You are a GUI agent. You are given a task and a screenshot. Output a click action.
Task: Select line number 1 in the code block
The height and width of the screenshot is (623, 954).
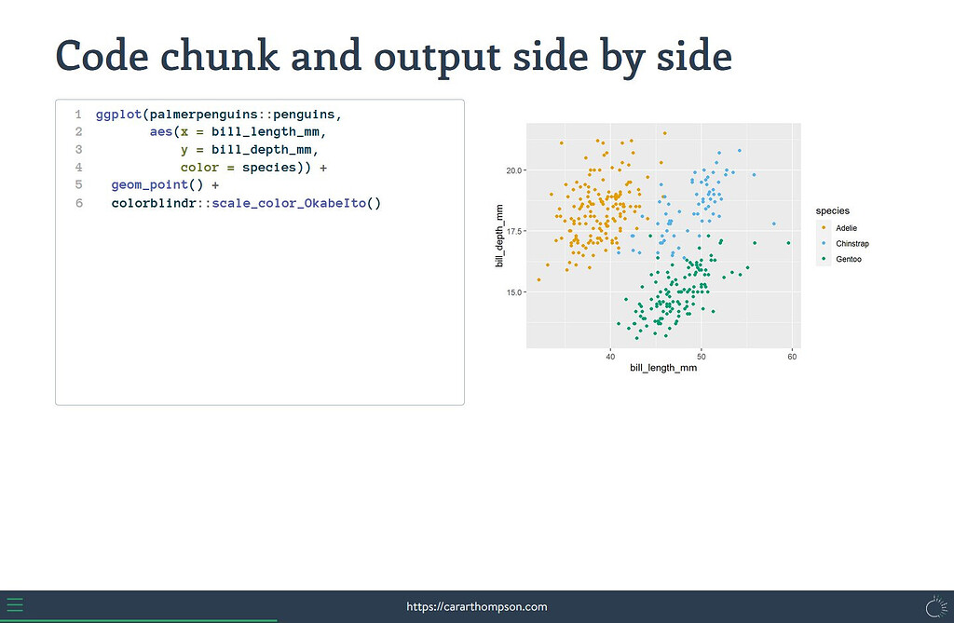pyautogui.click(x=78, y=115)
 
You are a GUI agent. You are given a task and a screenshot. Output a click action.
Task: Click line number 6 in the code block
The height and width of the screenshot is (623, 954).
pyautogui.click(x=78, y=203)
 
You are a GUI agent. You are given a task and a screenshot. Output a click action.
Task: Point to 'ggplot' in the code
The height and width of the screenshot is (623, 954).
pyautogui.click(x=118, y=115)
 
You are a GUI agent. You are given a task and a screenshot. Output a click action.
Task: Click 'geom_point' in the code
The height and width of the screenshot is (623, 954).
pyautogui.click(x=150, y=185)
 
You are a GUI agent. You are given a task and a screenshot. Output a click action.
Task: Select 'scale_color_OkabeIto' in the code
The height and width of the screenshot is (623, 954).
pyautogui.click(x=289, y=203)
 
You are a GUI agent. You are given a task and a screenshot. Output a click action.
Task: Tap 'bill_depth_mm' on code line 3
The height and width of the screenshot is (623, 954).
pyautogui.click(x=262, y=150)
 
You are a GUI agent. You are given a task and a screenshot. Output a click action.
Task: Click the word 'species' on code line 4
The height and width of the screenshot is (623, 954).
pyautogui.click(x=269, y=168)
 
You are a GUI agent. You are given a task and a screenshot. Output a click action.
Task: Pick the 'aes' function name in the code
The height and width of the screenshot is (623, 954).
pyautogui.click(x=161, y=132)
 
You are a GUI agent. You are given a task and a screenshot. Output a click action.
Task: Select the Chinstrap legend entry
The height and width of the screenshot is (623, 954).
pyautogui.click(x=843, y=243)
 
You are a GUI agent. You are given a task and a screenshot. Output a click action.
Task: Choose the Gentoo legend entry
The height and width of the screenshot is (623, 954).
pyautogui.click(x=839, y=259)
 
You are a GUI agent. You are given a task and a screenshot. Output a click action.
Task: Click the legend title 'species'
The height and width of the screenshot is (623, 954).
pyautogui.click(x=832, y=211)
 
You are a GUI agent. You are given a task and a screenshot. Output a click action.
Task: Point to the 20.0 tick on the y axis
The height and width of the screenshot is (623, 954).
pyautogui.click(x=514, y=170)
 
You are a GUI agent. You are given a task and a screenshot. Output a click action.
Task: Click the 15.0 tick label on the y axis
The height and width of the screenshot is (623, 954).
pyautogui.click(x=514, y=292)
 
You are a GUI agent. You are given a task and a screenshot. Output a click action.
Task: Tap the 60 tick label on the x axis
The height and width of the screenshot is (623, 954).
pyautogui.click(x=792, y=357)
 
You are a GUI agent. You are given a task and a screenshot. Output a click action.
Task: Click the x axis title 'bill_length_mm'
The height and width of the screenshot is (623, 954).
pyautogui.click(x=663, y=368)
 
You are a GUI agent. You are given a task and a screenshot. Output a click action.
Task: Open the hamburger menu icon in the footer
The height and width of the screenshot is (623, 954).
pyautogui.click(x=15, y=605)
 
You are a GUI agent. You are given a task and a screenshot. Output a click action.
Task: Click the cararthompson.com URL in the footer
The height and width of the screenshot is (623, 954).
pyautogui.click(x=477, y=606)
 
